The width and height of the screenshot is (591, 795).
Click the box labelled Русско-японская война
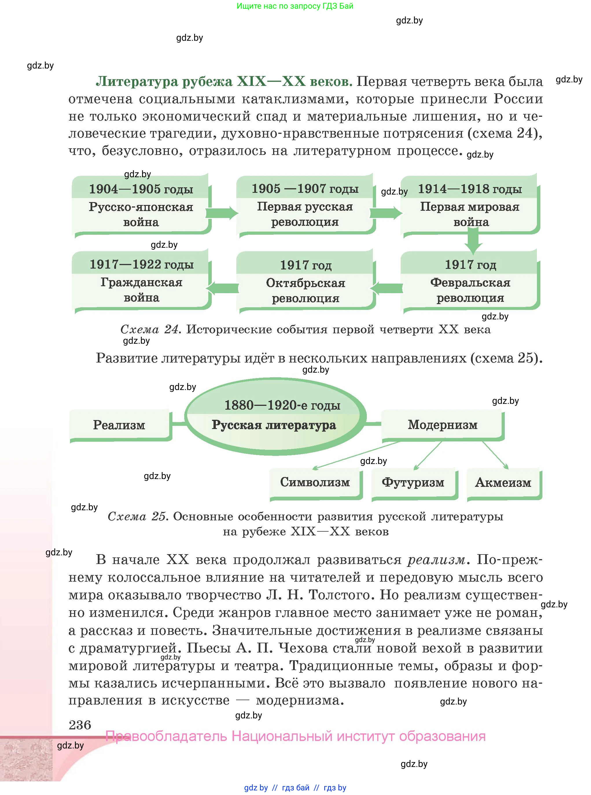click(x=141, y=214)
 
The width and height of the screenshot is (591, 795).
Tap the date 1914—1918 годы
click(x=470, y=189)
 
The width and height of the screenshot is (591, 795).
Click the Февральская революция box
click(x=470, y=290)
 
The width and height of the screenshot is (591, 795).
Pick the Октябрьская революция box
click(x=305, y=290)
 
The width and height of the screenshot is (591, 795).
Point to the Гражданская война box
click(x=141, y=290)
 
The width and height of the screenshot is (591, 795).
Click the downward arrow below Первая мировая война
click(x=473, y=241)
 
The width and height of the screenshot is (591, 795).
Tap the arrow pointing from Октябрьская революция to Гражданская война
click(x=222, y=288)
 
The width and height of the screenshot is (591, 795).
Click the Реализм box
click(x=119, y=425)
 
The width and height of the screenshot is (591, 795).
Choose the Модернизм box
click(x=443, y=424)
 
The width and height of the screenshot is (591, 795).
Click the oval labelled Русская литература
click(x=275, y=417)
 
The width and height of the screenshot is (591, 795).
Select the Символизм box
click(x=315, y=482)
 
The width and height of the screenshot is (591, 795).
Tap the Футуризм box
click(x=413, y=482)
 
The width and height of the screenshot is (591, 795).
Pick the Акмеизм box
click(x=503, y=482)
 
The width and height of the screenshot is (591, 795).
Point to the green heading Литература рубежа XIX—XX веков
click(x=224, y=82)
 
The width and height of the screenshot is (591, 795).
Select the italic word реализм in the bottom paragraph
click(x=437, y=559)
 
